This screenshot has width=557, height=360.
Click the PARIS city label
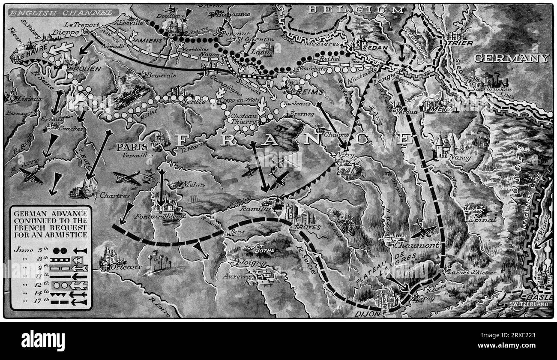pos(129,147)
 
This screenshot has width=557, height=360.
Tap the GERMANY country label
pos(511,58)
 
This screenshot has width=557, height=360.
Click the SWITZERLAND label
pos(529,304)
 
